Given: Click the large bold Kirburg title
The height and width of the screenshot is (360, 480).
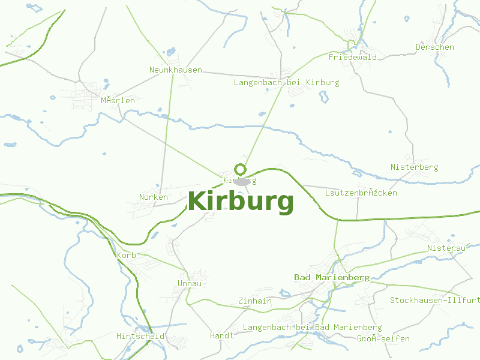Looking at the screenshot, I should (x=241, y=202).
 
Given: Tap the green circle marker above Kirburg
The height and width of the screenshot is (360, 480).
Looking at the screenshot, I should (x=241, y=169).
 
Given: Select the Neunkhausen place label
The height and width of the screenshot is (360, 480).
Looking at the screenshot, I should (x=176, y=70).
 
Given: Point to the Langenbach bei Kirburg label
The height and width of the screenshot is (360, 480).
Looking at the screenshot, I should (x=286, y=83).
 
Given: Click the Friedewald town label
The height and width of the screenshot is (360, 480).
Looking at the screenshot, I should (x=352, y=58).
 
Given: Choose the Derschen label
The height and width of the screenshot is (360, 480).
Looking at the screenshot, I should (x=434, y=47).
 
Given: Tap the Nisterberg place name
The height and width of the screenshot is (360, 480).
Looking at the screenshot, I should (x=414, y=167).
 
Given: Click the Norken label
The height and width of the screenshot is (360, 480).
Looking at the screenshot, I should (x=154, y=197).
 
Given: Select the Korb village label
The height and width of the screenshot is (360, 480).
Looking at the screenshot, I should (x=127, y=256).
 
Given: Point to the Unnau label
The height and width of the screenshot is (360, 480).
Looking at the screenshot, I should (x=190, y=284).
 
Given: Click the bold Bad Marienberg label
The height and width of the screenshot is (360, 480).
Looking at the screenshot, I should (x=331, y=278).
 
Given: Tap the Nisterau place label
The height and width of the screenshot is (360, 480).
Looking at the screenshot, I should (x=446, y=248).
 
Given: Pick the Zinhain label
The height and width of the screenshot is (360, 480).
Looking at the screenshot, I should (x=254, y=301).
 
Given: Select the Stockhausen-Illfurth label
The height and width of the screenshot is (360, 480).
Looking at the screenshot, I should (x=434, y=300).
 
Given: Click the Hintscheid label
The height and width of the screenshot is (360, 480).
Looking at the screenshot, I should (x=140, y=337).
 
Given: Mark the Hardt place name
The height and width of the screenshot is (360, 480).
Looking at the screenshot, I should (x=221, y=336).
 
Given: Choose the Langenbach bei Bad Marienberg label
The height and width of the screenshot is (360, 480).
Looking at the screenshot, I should (x=312, y=328).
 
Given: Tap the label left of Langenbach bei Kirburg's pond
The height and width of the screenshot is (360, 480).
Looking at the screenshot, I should (x=286, y=83).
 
